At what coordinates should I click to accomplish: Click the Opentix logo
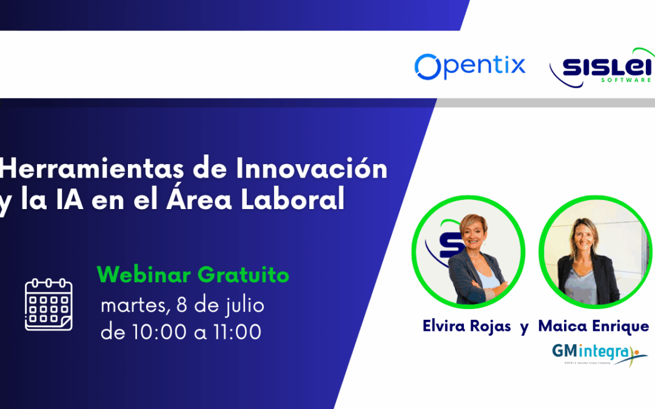[470, 66]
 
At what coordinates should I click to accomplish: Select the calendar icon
[49, 305]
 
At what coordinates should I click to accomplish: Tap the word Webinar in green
[143, 275]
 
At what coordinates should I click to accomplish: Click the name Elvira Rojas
[467, 326]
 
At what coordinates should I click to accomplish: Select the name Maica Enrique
[593, 326]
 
